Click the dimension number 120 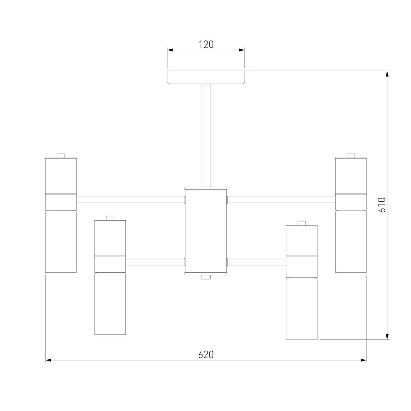click(206, 45)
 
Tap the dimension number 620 click(206, 354)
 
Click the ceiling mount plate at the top click(206, 77)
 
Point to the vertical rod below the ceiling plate click(206, 136)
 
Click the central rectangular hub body click(206, 231)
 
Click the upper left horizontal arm click(130, 200)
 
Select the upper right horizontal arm click(281, 200)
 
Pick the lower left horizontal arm click(155, 262)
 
